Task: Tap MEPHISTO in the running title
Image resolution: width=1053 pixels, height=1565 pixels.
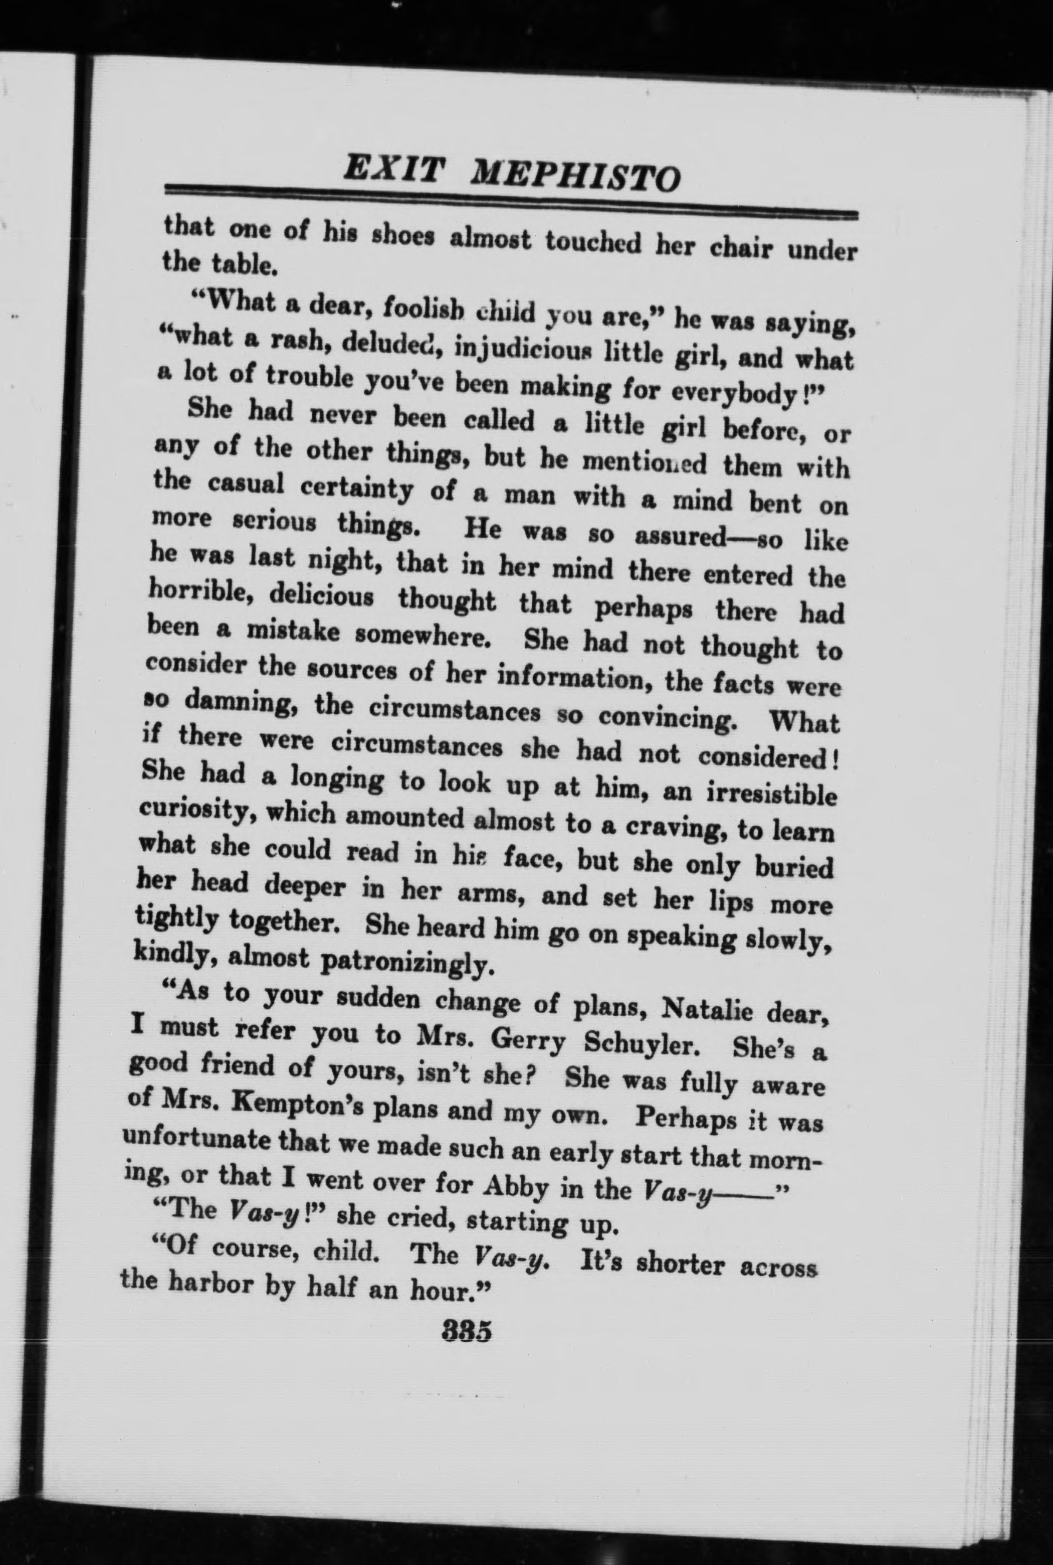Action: pos(575,176)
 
